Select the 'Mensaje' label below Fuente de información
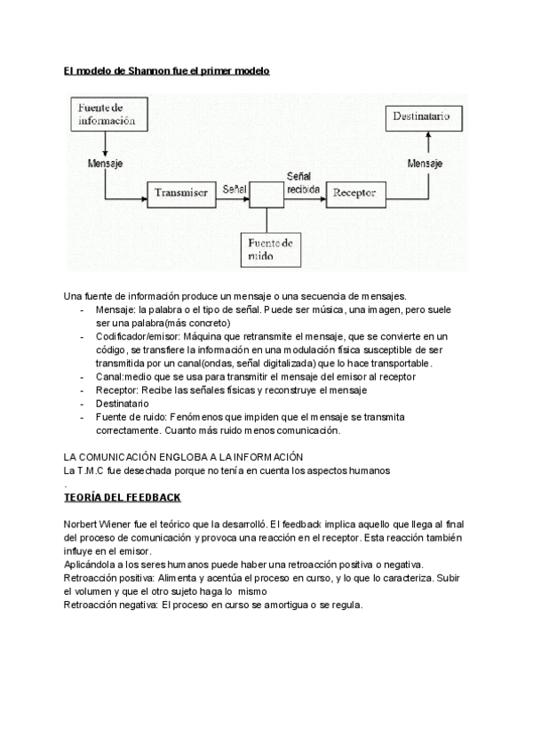(x=105, y=164)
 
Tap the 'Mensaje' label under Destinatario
(x=426, y=164)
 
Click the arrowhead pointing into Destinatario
(x=428, y=134)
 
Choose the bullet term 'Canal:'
(x=110, y=377)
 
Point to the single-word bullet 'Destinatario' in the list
(x=123, y=403)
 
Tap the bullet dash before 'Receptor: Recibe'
(x=82, y=390)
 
